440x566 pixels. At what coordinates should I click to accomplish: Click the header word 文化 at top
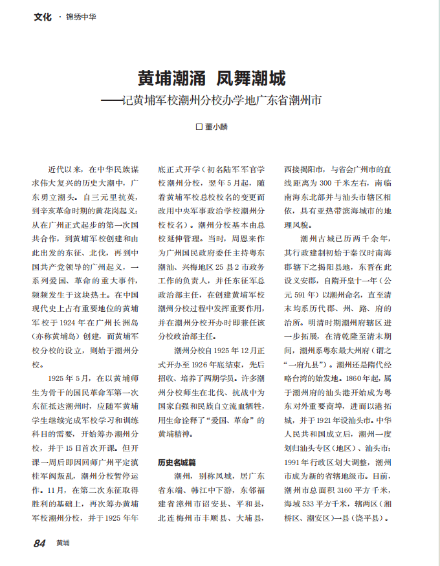click(x=43, y=17)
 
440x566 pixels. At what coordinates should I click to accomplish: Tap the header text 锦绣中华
click(x=81, y=17)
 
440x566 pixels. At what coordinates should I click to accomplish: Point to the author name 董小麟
click(x=216, y=127)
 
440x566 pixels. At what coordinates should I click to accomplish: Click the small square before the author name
click(x=199, y=127)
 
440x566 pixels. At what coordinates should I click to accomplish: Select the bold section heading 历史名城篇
click(x=177, y=463)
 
